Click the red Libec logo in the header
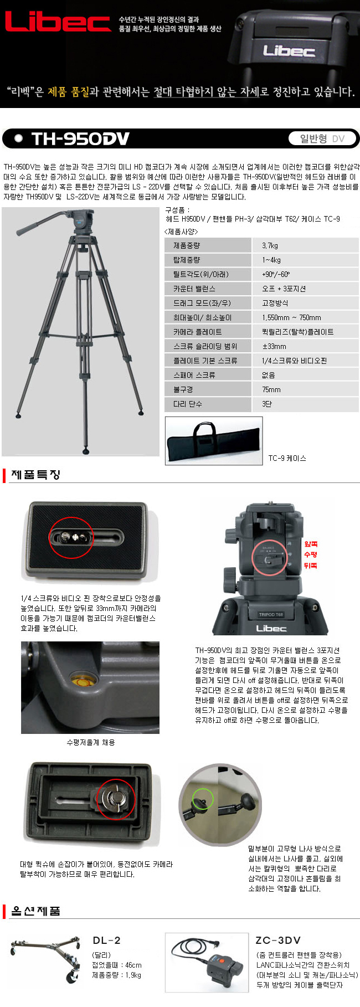coord(58,22)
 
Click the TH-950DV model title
coord(80,138)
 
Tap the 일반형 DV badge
coord(322,138)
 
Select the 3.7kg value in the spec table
coord(270,245)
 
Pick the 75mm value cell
coord(271,389)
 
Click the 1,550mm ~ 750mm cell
coord(291,317)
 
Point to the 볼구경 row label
coord(183,389)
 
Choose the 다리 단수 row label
coord(187,404)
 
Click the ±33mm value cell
coord(274,346)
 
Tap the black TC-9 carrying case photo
coord(214,440)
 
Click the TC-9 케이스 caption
coord(287,458)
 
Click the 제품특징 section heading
coord(35,475)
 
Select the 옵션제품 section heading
coord(35,911)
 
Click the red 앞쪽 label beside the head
coord(311,544)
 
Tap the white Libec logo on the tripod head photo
coord(271,628)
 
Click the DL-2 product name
coord(106,941)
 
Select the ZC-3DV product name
coord(278,941)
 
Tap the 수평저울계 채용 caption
coord(91,742)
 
